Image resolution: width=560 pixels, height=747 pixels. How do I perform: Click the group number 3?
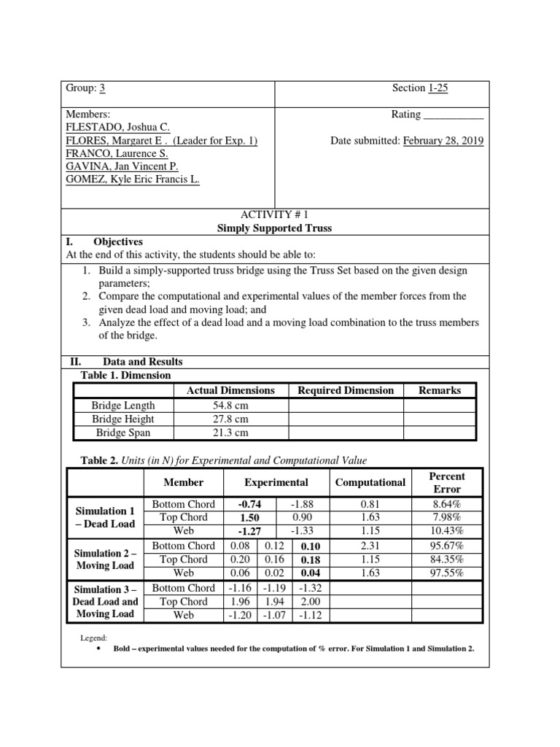click(103, 88)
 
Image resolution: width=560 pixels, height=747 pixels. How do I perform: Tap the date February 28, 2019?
click(443, 141)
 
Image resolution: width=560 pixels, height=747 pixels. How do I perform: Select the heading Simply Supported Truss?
click(275, 228)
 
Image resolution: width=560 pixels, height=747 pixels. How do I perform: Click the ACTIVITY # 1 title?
click(275, 214)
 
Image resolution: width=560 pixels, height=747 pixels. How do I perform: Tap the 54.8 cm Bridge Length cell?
click(230, 405)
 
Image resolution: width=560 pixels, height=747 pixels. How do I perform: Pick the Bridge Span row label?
click(123, 433)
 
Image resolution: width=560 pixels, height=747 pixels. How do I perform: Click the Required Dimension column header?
click(346, 390)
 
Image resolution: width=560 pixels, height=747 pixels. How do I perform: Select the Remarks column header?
click(440, 390)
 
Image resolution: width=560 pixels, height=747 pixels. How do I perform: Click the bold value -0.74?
click(249, 503)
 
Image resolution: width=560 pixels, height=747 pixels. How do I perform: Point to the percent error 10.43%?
click(446, 530)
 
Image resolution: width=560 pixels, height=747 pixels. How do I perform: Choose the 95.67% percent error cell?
click(446, 546)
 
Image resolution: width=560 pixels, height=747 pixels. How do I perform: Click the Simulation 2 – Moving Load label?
click(102, 560)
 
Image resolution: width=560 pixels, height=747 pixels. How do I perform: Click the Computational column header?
click(370, 482)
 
